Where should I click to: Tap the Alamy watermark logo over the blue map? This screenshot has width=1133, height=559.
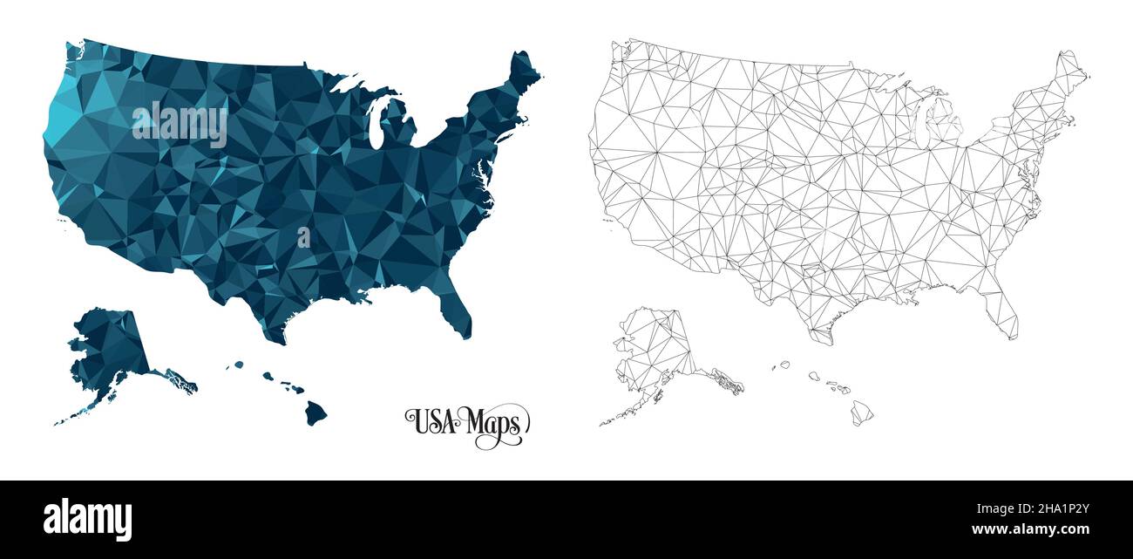180,125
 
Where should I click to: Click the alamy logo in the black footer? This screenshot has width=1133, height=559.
88,519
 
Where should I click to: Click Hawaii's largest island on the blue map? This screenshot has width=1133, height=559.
315,412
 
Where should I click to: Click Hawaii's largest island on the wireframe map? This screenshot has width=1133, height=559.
862,412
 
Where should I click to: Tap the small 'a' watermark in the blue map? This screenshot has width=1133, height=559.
303,237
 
